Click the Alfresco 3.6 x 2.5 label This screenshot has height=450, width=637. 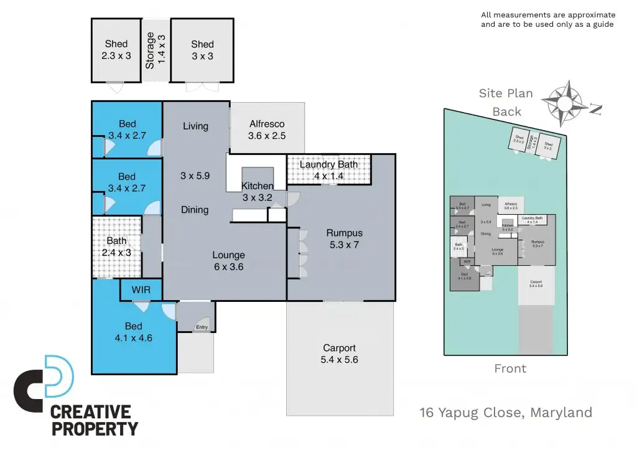267,129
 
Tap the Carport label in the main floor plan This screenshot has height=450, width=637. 340,354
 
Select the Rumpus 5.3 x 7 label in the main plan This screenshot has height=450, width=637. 344,239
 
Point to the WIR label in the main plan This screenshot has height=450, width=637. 142,289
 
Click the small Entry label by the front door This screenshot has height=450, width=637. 202,327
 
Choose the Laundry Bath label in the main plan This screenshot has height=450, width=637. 328,170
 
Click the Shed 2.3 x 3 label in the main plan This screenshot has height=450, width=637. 116,50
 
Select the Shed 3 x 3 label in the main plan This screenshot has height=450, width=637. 202,50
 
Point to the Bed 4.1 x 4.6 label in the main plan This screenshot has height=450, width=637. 133,332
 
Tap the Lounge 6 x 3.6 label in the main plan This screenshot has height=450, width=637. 228,261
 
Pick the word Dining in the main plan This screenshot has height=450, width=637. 195,210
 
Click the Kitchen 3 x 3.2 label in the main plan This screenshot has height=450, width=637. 258,192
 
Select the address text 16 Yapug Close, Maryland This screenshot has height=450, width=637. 506,412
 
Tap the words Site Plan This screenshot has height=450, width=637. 506,93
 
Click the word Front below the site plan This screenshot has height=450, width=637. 510,368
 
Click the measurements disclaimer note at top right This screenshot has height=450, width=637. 547,19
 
